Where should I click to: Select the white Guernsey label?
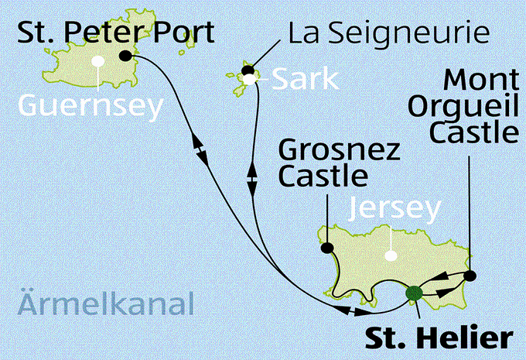tap(91, 105)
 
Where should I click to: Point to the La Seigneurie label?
tap(389, 34)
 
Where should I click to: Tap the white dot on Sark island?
tap(248, 78)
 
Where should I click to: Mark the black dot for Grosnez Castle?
tap(326, 249)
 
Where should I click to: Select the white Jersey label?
tap(395, 208)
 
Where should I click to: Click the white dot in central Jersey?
tap(391, 255)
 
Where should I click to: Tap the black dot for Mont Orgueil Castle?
tap(470, 275)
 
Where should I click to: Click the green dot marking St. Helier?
tap(414, 293)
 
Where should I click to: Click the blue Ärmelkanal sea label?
tap(104, 304)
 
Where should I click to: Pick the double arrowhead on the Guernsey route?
tap(200, 149)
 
